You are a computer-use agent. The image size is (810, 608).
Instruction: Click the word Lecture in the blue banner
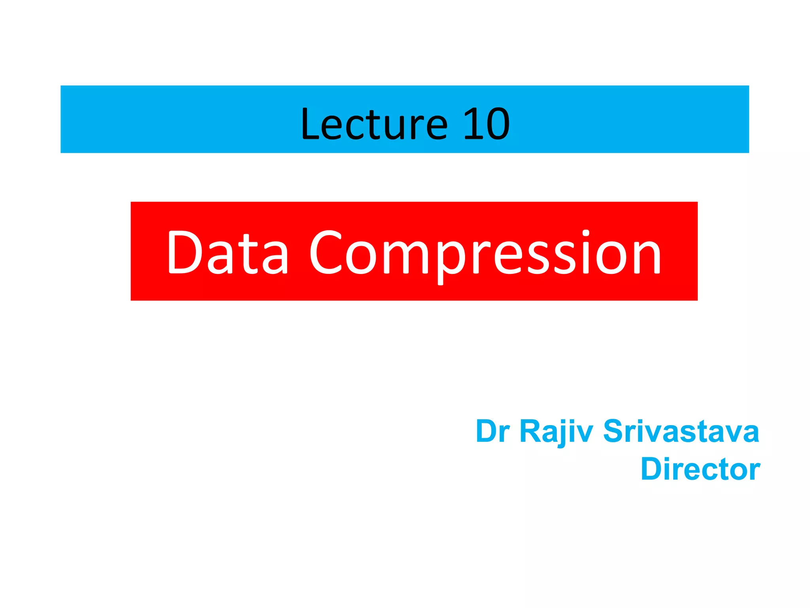(374, 124)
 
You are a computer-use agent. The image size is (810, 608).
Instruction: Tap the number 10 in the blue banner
(486, 124)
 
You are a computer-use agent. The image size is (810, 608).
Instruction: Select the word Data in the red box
(227, 252)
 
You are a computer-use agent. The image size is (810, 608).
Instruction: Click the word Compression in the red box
(485, 253)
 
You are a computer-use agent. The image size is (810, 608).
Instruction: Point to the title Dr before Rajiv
(492, 431)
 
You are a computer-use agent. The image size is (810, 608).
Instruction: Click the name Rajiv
(556, 431)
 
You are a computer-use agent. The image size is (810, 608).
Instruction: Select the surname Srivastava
(681, 431)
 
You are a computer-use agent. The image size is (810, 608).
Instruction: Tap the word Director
(700, 469)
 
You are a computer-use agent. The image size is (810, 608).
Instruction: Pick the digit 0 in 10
(497, 124)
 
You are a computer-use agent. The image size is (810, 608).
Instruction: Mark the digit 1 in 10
(473, 124)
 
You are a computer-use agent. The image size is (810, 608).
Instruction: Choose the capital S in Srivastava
(614, 431)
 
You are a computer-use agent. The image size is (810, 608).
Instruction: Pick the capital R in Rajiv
(530, 431)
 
